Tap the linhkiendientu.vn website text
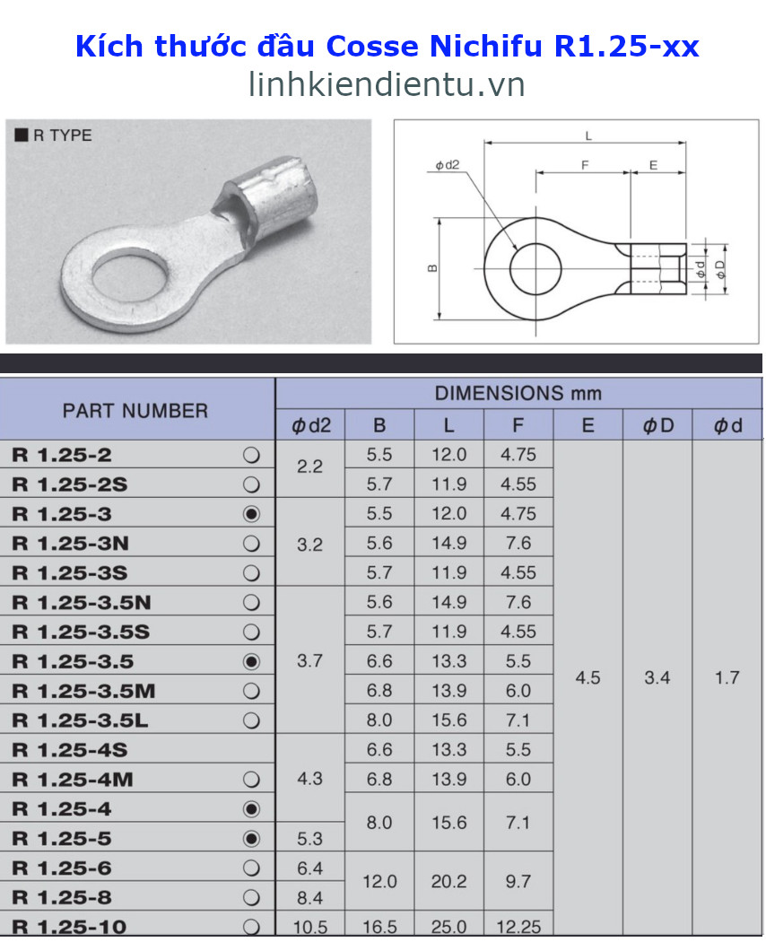pyautogui.click(x=387, y=84)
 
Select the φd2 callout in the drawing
pyautogui.click(x=447, y=164)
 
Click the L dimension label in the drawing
pyautogui.click(x=588, y=135)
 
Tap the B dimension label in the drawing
pyautogui.click(x=432, y=268)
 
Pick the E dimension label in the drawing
pyautogui.click(x=653, y=165)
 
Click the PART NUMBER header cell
pyautogui.click(x=135, y=411)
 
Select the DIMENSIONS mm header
pyautogui.click(x=518, y=393)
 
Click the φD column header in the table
pyautogui.click(x=657, y=425)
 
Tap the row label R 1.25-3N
pyautogui.click(x=71, y=543)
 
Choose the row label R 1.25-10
pyautogui.click(x=69, y=927)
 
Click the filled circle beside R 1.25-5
pyautogui.click(x=252, y=839)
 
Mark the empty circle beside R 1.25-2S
pyautogui.click(x=252, y=484)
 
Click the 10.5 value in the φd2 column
pyautogui.click(x=309, y=927)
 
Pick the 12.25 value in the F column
pyautogui.click(x=518, y=927)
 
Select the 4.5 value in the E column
pyautogui.click(x=588, y=677)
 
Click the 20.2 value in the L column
pyautogui.click(x=448, y=882)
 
